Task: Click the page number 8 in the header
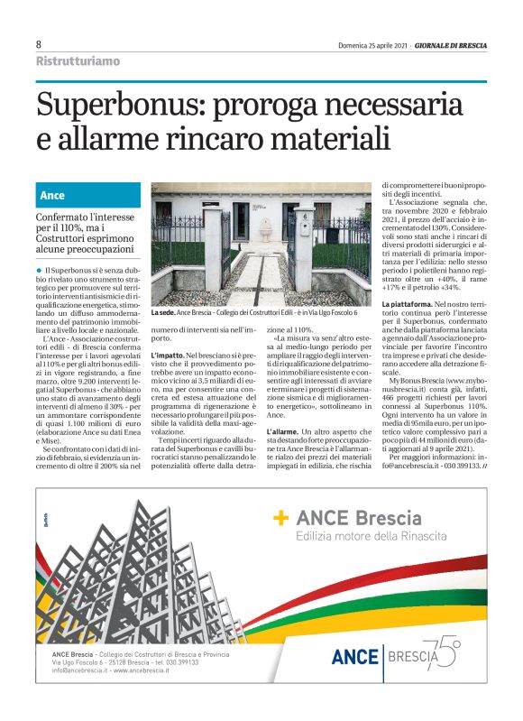click(x=39, y=44)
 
